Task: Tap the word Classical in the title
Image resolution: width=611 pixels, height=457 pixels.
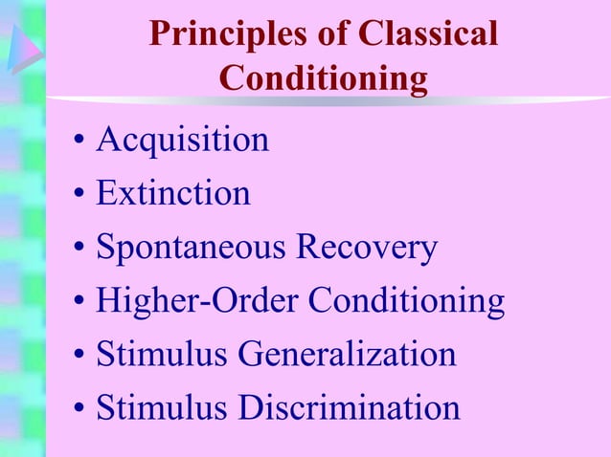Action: click(427, 34)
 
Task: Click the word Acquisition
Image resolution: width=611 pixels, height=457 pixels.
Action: click(183, 141)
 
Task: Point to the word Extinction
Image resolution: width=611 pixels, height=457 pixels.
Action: click(173, 194)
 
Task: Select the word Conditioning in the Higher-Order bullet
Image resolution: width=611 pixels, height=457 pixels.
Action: click(405, 302)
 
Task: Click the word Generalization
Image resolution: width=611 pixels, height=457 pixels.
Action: click(347, 355)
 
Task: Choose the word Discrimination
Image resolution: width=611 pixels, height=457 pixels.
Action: click(349, 408)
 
